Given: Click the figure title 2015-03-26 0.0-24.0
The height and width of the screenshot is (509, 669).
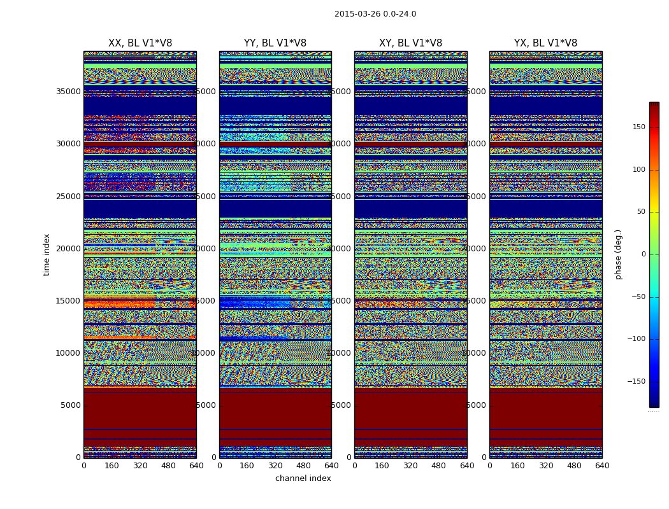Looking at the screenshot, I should [x=375, y=14].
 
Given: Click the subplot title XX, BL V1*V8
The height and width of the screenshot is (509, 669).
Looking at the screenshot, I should [x=140, y=43].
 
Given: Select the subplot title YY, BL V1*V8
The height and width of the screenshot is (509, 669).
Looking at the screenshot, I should [x=275, y=43].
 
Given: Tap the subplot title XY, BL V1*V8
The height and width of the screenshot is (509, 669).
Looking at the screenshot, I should [x=410, y=43].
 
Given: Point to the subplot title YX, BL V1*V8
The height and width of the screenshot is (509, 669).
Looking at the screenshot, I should [x=545, y=43].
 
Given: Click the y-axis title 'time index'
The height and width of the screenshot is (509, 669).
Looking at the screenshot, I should [x=47, y=254].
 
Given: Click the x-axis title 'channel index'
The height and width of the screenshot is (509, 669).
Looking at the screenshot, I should [x=303, y=478].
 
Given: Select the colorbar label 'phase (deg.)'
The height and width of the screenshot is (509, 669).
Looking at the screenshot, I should [x=618, y=254].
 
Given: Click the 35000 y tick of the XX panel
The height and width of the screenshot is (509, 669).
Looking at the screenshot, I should [x=69, y=92].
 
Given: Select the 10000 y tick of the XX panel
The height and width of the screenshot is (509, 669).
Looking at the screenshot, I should [x=69, y=353].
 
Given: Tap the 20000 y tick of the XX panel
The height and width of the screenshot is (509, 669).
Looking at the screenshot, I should [x=69, y=249].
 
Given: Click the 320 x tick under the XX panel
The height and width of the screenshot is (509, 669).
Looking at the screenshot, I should [x=140, y=466].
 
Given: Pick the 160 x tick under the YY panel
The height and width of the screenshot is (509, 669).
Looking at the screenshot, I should [x=247, y=466].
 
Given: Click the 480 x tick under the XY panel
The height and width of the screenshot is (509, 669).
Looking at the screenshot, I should [x=439, y=466].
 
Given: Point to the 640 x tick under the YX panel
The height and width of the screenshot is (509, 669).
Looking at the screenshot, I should [x=602, y=466].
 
